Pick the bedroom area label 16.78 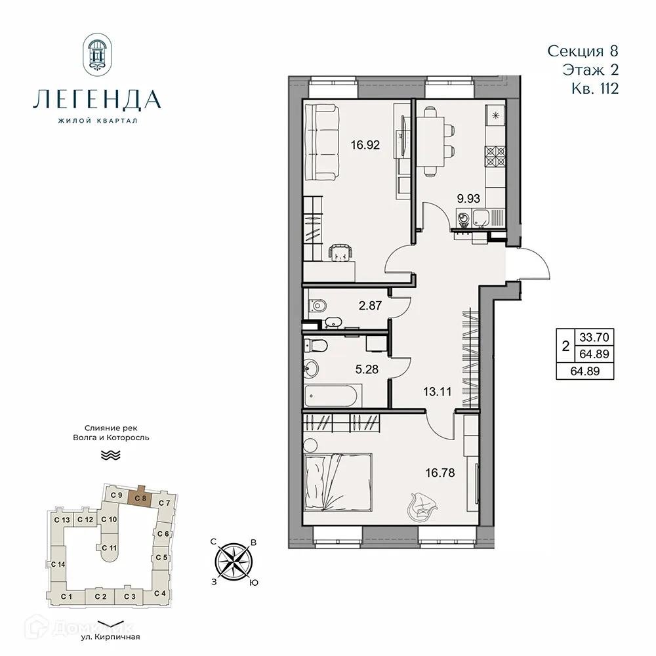click(440, 471)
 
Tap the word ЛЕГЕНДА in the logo click(96, 99)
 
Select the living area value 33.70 click(595, 338)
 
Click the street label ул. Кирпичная click(110, 636)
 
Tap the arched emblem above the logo click(96, 54)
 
